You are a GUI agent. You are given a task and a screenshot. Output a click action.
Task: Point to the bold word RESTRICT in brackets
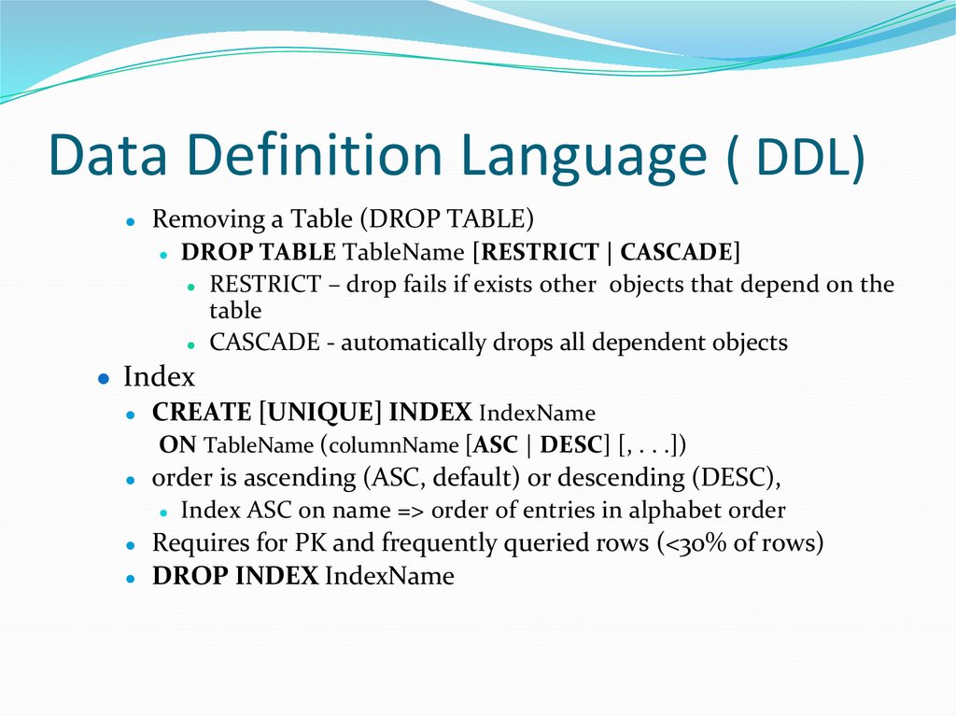pos(541,252)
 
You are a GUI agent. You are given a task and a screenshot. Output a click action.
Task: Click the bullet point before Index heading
pos(105,378)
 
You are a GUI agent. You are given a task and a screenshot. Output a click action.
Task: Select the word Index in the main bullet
pos(159,377)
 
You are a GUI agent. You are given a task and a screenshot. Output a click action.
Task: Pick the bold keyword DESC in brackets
pos(574,444)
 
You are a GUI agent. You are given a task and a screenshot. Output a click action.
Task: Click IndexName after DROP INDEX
pos(388,576)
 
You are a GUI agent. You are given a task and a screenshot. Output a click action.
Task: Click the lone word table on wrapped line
pos(235,311)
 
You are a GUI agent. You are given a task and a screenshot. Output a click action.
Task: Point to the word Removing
pos(196,219)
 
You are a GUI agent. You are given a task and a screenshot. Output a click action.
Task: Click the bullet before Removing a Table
pos(134,221)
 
